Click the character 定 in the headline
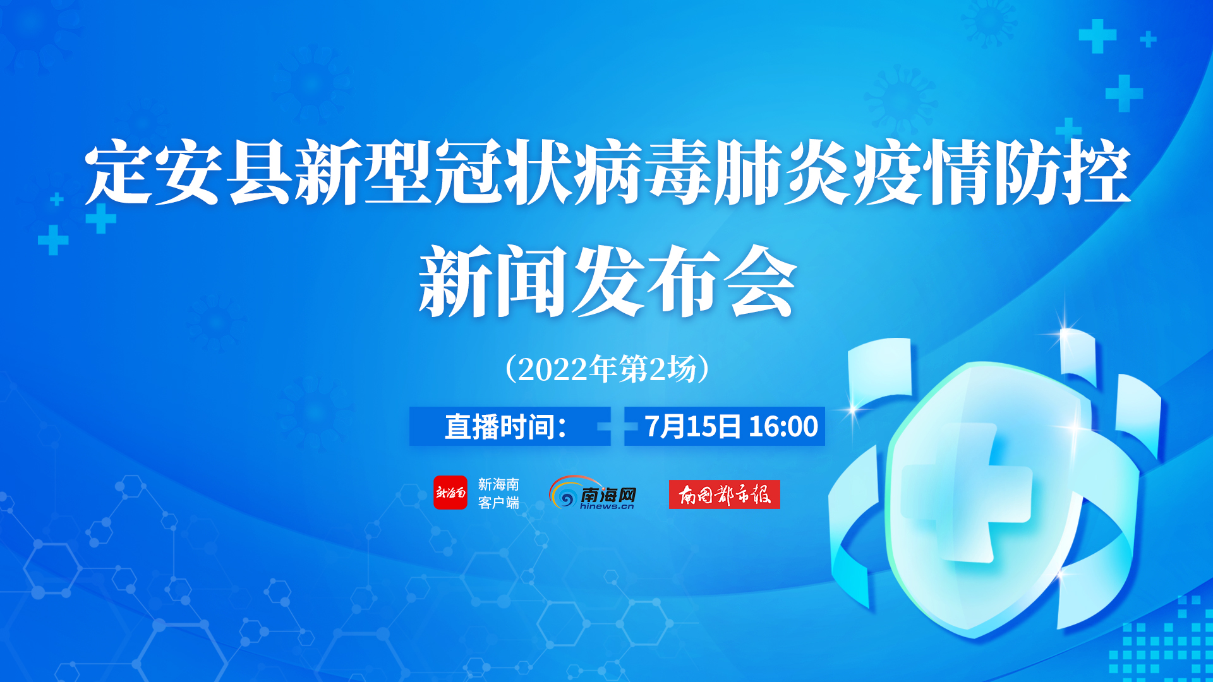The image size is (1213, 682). [119, 172]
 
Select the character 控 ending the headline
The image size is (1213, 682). [1096, 172]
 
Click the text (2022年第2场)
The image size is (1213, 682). [607, 369]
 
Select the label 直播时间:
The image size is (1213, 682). [505, 427]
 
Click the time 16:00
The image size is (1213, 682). [783, 427]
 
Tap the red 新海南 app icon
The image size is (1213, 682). [450, 493]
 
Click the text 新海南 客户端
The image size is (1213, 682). [498, 493]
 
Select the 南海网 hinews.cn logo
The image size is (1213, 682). [593, 493]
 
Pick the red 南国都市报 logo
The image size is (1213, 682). [725, 494]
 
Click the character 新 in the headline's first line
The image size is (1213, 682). [329, 172]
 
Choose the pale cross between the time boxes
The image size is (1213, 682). [617, 427]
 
